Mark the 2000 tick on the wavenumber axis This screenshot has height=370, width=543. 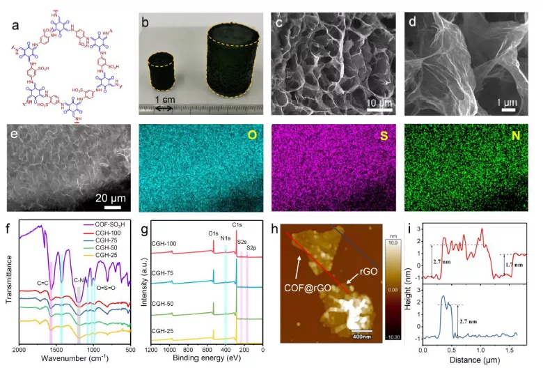20,350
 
